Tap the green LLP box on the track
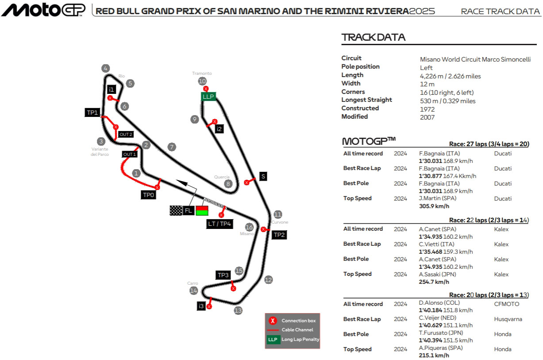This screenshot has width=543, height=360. click(208, 96)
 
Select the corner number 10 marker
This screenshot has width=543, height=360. click(202, 81)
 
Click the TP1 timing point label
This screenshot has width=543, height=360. click(92, 112)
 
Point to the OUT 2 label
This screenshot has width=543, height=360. click(126, 135)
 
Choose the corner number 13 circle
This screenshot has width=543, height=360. click(239, 310)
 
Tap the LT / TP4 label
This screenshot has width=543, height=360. click(220, 224)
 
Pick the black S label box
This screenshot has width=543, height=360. click(263, 176)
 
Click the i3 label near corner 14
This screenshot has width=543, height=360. click(201, 306)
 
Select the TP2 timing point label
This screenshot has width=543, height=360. click(279, 235)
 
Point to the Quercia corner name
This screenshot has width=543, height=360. click(222, 177)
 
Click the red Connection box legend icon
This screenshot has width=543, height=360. click(273, 321)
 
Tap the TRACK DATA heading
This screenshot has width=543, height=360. click(374, 37)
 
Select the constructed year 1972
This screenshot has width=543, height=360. click(427, 109)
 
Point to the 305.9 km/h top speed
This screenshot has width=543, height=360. click(434, 206)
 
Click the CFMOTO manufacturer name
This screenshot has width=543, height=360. click(506, 304)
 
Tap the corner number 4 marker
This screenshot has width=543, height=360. click(105, 68)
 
